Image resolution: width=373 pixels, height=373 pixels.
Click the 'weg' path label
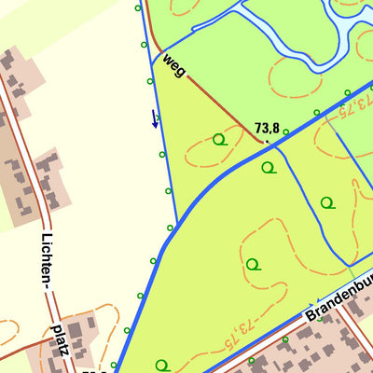(174, 64)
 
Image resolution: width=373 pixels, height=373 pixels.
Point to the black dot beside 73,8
(268, 142)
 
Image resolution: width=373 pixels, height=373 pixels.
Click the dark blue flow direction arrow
(155, 119)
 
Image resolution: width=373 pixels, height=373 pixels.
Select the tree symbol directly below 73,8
(269, 168)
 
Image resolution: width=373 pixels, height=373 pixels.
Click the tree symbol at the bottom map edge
(163, 365)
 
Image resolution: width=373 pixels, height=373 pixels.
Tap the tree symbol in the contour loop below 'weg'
(219, 140)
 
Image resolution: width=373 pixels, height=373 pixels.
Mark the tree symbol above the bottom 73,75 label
(252, 264)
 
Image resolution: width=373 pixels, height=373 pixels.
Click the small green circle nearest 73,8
(286, 131)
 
